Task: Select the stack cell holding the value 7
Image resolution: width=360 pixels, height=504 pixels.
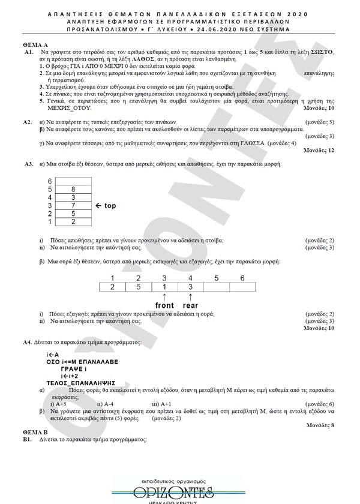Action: pyautogui.click(x=73, y=205)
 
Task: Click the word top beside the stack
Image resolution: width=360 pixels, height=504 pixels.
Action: pyautogui.click(x=110, y=206)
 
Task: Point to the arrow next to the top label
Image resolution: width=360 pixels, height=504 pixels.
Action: pyautogui.click(x=99, y=206)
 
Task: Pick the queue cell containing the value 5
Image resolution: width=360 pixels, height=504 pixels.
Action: pyautogui.click(x=138, y=286)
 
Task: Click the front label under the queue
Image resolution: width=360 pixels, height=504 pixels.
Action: pyautogui.click(x=164, y=305)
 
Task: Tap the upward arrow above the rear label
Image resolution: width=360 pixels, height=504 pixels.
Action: pyautogui.click(x=190, y=296)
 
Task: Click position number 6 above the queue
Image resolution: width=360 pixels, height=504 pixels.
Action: pyautogui.click(x=242, y=277)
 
